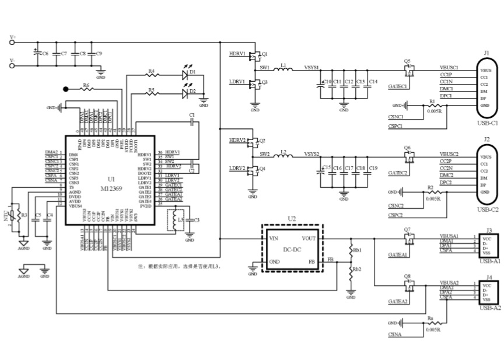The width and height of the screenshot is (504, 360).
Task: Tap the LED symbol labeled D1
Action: (187, 75)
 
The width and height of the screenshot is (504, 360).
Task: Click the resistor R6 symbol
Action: (86, 89)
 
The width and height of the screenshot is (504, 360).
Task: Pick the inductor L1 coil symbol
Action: (283, 69)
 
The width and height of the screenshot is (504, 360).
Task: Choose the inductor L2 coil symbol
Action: (283, 156)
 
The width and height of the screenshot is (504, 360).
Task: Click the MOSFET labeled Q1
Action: (255, 56)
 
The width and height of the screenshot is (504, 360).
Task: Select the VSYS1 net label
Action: (311, 68)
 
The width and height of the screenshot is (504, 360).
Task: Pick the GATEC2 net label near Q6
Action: (398, 173)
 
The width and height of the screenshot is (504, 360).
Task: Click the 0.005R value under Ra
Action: (433, 330)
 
